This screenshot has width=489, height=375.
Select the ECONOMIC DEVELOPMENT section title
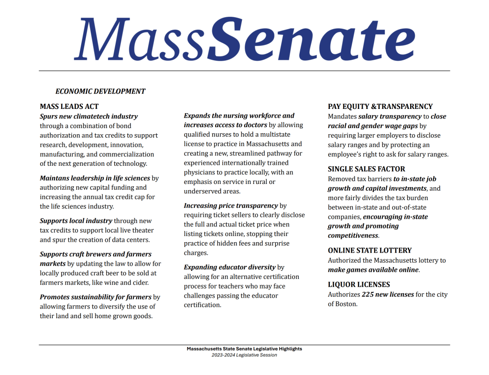point(100,91)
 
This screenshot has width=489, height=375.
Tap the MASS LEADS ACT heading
point(69,107)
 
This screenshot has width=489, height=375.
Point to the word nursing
point(234,116)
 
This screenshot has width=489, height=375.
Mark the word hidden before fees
point(236,243)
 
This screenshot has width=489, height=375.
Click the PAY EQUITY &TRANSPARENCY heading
point(380,107)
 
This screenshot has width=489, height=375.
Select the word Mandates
point(342,116)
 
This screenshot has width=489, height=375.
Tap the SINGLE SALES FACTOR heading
point(366,169)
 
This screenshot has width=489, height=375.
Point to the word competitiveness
point(353,236)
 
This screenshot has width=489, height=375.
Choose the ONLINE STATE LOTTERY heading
point(369,250)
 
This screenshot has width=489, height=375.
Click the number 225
point(368,294)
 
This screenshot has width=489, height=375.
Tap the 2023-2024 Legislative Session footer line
point(244,355)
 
